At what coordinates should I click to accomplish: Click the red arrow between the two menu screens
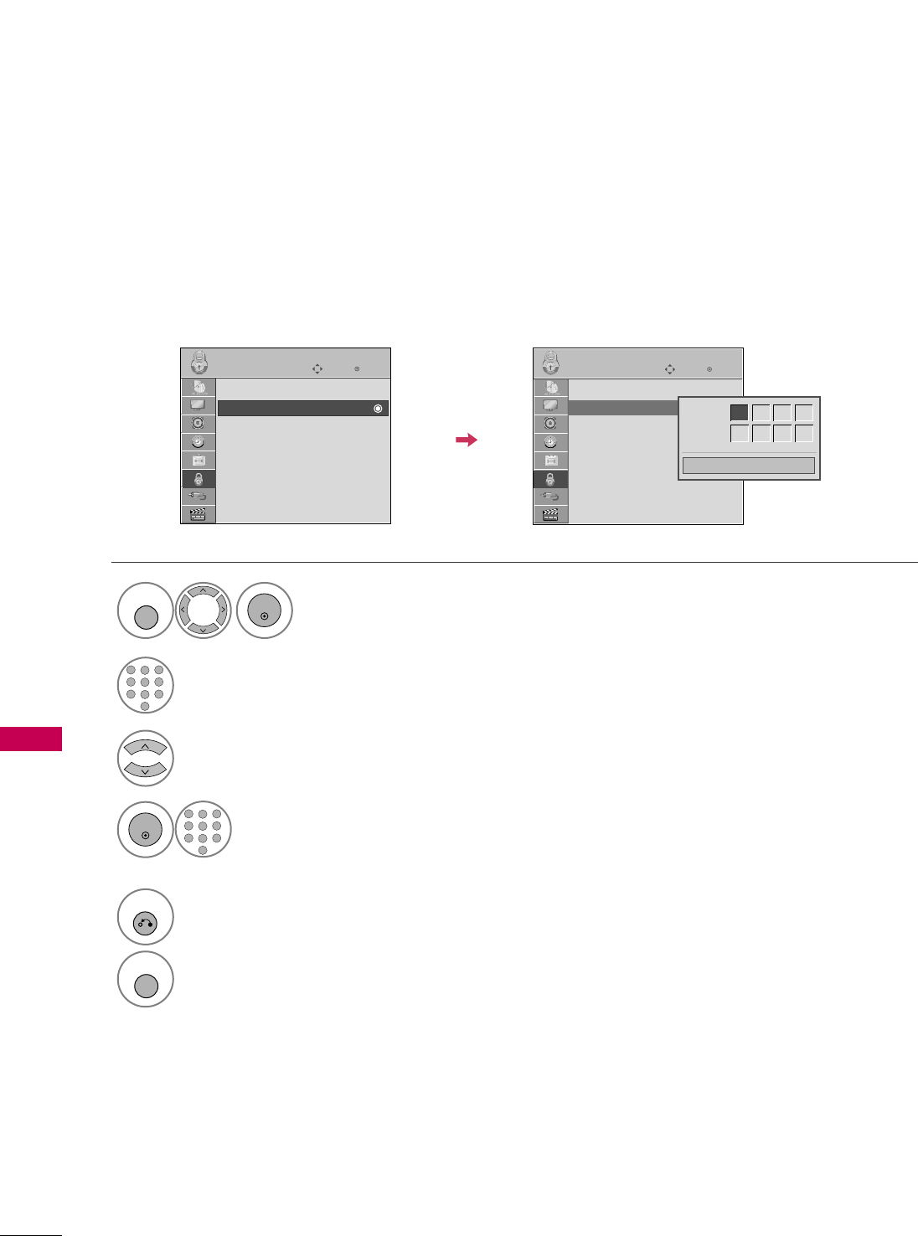coord(467,440)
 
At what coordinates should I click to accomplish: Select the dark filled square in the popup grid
coord(739,413)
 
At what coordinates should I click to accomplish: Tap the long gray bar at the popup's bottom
coord(749,466)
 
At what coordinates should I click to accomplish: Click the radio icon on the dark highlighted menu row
coord(378,409)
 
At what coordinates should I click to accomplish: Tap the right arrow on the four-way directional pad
coord(222,610)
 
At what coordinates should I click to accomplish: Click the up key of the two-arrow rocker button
coord(146,748)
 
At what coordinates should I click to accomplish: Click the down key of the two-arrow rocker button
coord(146,770)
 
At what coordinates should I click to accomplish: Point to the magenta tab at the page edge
coord(31,739)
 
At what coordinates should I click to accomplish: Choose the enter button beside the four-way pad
coord(265,611)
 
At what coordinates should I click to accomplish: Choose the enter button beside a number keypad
coord(146,831)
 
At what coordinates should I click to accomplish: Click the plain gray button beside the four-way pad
coord(146,617)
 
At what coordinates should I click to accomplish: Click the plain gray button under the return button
coord(146,985)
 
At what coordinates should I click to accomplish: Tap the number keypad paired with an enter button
coord(203,831)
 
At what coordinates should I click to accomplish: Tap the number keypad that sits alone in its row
coord(146,685)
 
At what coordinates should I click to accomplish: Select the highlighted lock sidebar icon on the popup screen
coord(550,479)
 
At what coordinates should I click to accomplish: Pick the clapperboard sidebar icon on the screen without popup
coord(199,515)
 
